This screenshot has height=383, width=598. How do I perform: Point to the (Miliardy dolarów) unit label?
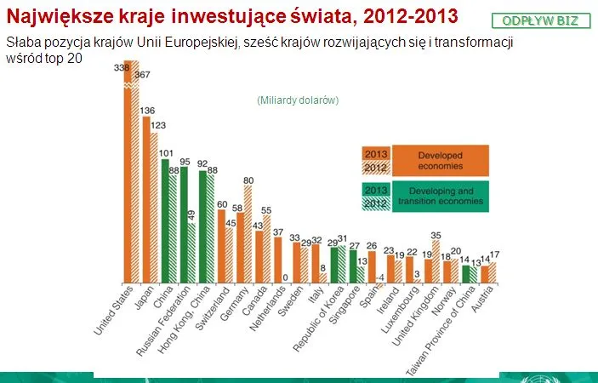coord(298,100)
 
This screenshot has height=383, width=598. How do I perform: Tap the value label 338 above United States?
coord(122,67)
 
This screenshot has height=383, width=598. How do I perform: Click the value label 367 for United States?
coord(142,76)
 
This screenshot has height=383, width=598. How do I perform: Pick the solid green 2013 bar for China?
coord(166,220)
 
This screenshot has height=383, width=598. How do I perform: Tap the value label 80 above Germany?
coord(248,180)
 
